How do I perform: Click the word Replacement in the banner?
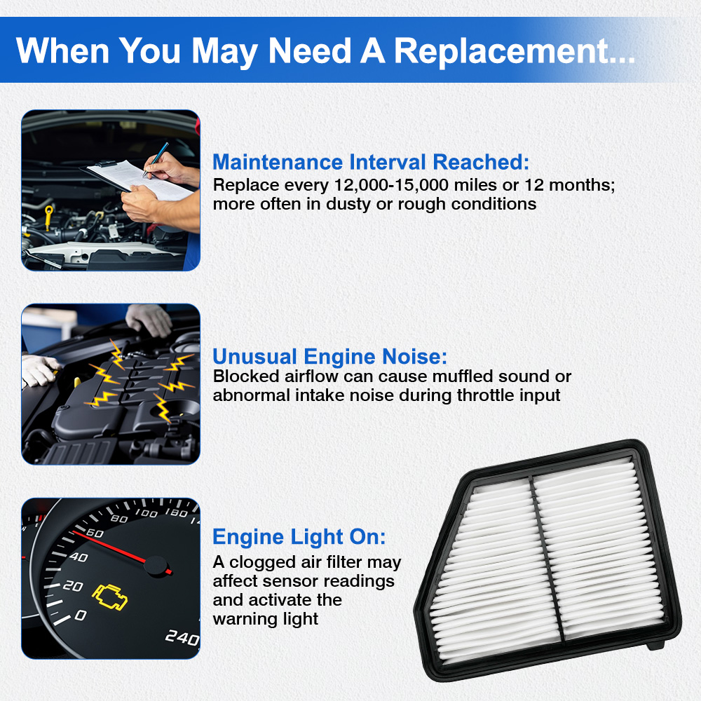point(514,51)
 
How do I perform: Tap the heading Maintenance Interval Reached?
point(371,162)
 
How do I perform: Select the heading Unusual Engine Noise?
point(330,356)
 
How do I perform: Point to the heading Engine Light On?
point(299,537)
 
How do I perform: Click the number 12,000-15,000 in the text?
point(391,185)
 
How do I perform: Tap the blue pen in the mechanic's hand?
point(156,159)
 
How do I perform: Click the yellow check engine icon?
point(109,597)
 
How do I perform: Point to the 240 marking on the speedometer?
point(182,637)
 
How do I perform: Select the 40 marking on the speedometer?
point(79,557)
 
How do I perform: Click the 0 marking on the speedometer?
point(81,615)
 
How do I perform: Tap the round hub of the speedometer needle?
point(156,566)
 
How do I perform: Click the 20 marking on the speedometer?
point(73,585)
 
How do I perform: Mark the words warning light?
point(266,619)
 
